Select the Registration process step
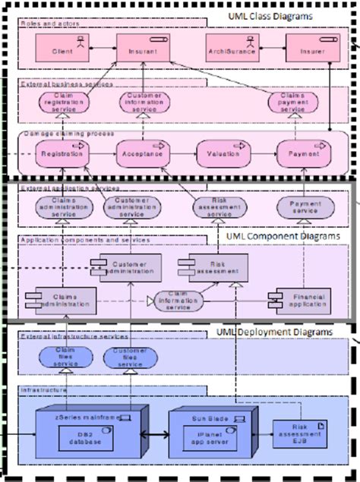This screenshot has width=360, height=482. (x=63, y=154)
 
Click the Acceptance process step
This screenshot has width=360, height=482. (x=142, y=154)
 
